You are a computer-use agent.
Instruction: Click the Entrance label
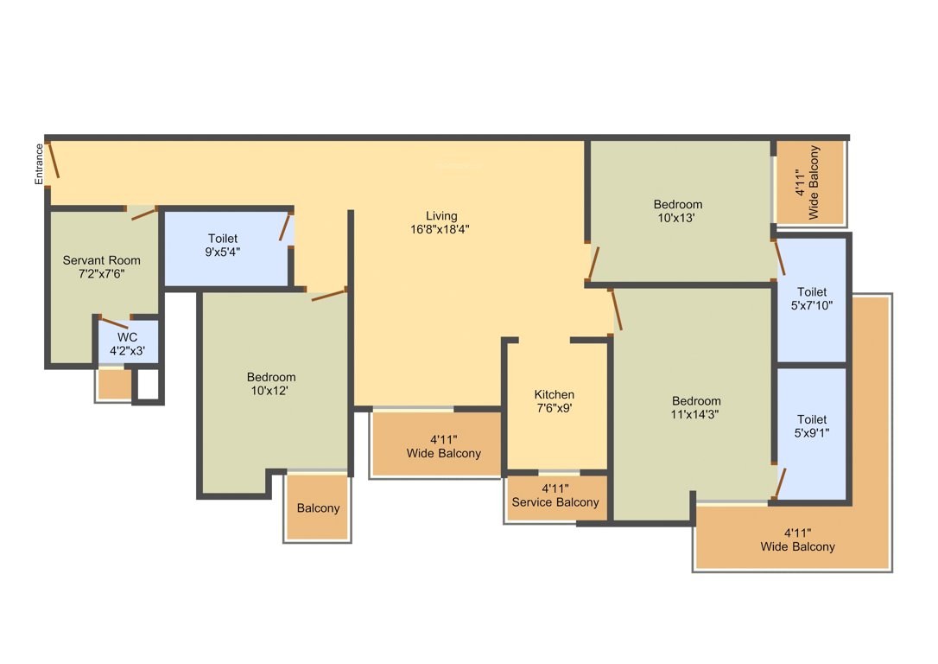pos(39,164)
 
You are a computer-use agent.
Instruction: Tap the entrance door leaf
pos(54,160)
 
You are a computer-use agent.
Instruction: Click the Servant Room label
pos(102,260)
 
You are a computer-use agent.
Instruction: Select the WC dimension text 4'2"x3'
pos(128,351)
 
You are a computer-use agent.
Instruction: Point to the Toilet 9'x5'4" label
pos(223,245)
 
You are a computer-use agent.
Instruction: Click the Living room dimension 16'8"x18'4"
pos(440,229)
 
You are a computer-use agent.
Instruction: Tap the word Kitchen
pos(554,394)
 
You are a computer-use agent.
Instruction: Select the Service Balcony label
pos(555,502)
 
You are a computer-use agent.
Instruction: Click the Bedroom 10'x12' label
pos(271,384)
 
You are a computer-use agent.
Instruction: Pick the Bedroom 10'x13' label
pos(678,211)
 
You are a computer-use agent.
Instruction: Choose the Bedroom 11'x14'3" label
pos(695,407)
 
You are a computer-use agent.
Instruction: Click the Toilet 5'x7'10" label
pos(812,298)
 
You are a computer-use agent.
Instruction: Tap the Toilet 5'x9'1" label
pos(812,425)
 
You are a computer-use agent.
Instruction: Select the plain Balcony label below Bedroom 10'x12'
pos(318,508)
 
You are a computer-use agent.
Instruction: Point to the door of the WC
pos(114,322)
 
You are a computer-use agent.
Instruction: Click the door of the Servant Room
pos(144,214)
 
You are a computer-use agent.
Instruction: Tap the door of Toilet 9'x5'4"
pos(285,227)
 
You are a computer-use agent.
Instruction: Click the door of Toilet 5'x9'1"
pos(778,484)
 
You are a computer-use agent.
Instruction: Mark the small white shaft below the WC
pos(149,384)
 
